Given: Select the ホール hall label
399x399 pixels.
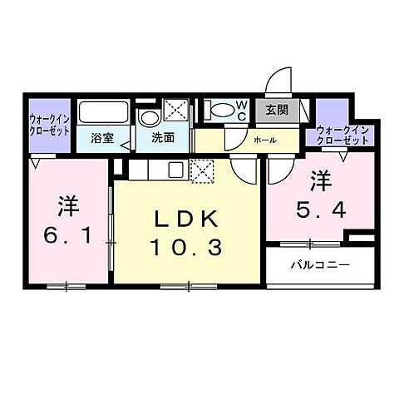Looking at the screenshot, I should (264, 140).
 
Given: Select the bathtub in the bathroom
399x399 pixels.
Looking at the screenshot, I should (103, 111).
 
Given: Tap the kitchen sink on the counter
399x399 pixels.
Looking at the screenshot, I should (176, 170).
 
